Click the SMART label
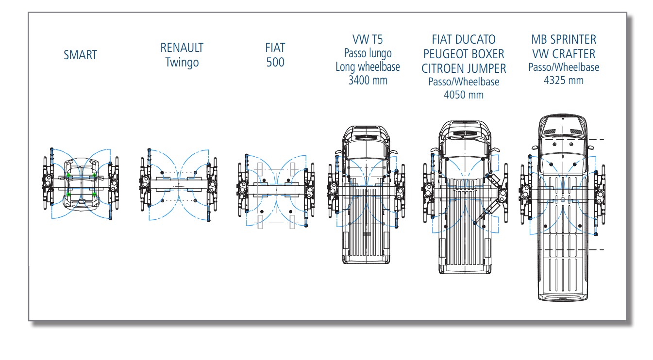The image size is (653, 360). tap(81, 55)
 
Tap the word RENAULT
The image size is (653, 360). tap(182, 48)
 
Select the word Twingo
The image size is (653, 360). tap(182, 63)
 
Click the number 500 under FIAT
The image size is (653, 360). tap(275, 63)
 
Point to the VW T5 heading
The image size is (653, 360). tap(368, 39)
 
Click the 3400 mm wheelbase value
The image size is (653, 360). tap(368, 80)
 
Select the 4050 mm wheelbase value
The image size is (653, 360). tap(464, 95)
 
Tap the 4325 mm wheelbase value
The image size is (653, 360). tap(564, 80)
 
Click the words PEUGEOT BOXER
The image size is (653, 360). tap(464, 53)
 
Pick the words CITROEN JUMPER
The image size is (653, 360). tap(464, 68)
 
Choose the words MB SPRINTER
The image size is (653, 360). tap(564, 39)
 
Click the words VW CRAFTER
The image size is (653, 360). tap(564, 53)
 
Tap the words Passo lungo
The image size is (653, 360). tap(368, 53)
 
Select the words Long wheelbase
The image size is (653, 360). tap(368, 66)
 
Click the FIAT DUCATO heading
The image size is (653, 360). tap(464, 39)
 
